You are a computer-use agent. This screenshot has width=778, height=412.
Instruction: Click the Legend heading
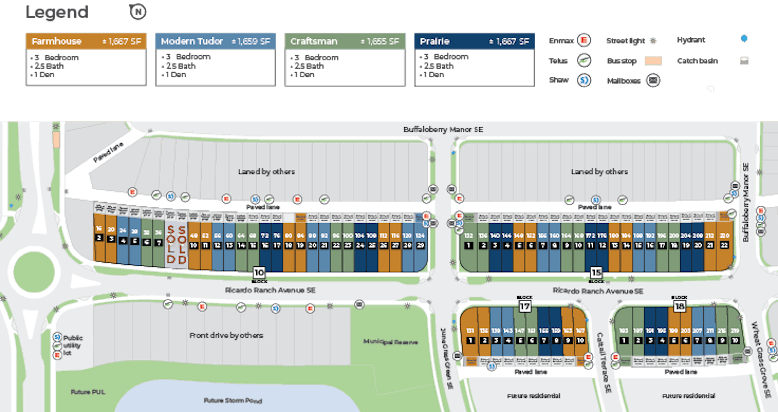(x=57, y=13)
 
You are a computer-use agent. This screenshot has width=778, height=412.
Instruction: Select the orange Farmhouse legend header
(x=86, y=41)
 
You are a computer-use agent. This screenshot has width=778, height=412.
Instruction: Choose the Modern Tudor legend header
(x=215, y=41)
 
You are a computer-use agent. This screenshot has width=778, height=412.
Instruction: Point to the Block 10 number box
(x=259, y=273)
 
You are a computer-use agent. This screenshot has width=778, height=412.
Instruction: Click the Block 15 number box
(x=596, y=273)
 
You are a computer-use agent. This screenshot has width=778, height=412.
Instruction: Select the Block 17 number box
(x=525, y=307)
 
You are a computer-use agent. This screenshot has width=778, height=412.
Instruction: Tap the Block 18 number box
(x=680, y=307)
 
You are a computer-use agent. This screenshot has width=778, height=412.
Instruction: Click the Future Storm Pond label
(x=233, y=401)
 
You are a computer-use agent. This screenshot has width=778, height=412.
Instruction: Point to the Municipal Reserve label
(x=390, y=342)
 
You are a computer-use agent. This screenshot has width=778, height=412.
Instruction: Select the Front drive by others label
(x=226, y=335)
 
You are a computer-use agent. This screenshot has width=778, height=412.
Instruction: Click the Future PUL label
(x=88, y=392)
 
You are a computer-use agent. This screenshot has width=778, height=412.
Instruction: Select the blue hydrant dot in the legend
(x=744, y=39)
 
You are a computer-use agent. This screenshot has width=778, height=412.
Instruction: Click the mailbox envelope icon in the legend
(x=653, y=81)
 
